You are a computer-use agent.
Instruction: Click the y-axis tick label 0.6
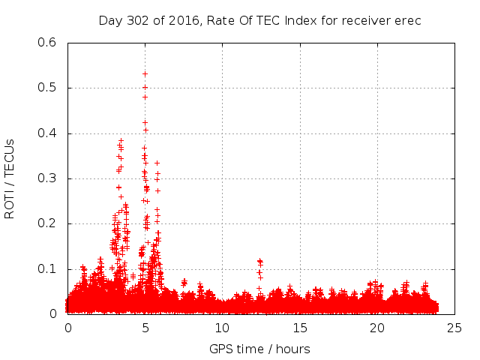48,43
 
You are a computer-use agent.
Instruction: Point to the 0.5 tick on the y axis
48,88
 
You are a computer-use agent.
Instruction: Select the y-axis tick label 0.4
48,133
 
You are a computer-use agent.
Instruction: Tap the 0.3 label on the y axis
48,178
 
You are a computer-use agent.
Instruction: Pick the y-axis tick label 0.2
48,223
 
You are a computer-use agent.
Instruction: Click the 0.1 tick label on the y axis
48,268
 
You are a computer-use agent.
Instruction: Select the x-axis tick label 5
145,328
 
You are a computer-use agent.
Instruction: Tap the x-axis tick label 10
223,328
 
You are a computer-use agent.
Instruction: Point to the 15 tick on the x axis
300,328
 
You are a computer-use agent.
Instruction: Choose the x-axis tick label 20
377,328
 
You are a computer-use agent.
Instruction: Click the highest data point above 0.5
145,73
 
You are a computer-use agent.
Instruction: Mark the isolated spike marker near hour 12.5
259,261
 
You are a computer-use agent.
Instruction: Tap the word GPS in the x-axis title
222,349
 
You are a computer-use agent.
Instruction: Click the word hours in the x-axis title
292,349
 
